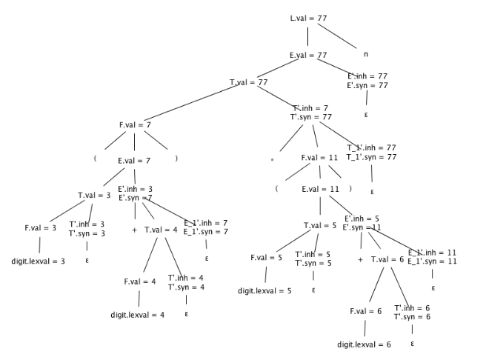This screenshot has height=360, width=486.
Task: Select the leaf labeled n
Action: click(365, 54)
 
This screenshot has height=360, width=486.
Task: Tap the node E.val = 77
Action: click(308, 55)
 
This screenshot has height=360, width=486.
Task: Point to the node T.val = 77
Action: click(248, 82)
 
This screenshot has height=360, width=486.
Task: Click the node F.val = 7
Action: click(135, 124)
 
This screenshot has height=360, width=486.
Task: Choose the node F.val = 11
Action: click(319, 158)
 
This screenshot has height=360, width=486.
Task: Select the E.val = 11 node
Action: click(320, 189)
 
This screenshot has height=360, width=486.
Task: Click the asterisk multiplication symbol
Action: click(272, 159)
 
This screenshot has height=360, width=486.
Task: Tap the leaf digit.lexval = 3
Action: click(38, 261)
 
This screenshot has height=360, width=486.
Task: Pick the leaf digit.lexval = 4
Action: click(137, 314)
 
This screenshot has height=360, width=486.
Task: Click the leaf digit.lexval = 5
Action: click(264, 290)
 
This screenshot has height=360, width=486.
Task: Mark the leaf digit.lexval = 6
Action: click(364, 344)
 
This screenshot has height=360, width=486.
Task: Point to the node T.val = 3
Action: click(94, 196)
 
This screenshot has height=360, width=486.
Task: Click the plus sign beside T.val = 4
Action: click(134, 230)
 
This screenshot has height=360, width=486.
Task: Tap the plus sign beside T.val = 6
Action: click(360, 260)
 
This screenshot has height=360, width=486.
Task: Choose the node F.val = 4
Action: click(139, 281)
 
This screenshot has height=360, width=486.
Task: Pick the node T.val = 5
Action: click(319, 225)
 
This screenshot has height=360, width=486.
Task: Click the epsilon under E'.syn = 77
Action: click(366, 116)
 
